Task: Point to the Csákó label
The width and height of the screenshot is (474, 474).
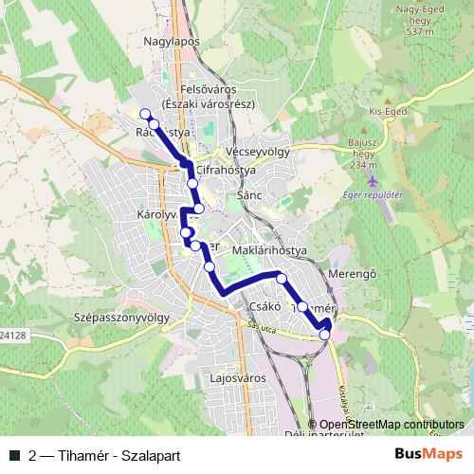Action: tap(263, 307)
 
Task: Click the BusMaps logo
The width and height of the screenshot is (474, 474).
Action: tap(428, 453)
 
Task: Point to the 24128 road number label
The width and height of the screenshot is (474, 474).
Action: tap(12, 336)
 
